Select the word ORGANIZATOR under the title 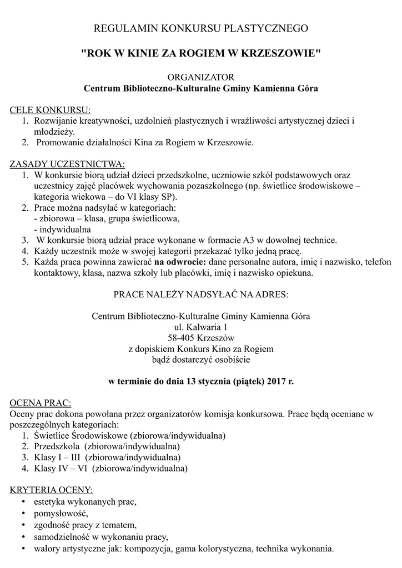(200, 77)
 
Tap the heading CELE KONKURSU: (50, 109)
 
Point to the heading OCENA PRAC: (41, 402)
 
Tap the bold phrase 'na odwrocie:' (179, 262)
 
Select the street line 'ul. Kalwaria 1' (200, 327)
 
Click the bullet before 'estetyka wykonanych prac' (23, 502)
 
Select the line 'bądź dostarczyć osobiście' (200, 359)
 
